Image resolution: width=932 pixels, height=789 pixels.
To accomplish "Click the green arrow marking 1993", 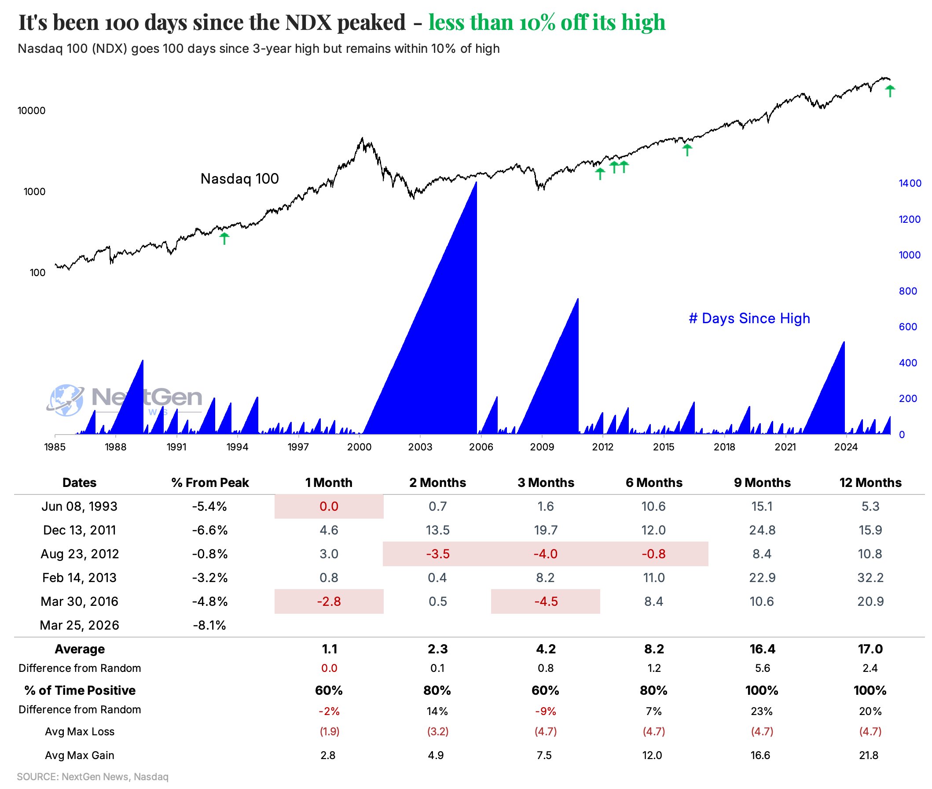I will (x=224, y=238).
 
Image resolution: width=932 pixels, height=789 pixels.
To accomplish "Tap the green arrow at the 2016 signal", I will (x=687, y=150).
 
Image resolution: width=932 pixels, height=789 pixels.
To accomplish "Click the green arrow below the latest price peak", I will (x=890, y=91).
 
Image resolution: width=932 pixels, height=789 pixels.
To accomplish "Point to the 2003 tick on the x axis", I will (x=420, y=447).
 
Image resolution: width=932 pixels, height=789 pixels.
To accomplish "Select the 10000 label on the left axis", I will (x=31, y=111).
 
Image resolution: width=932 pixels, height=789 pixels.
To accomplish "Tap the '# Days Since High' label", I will (x=749, y=318).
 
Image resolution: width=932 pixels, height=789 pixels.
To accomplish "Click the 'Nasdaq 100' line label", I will (x=239, y=179).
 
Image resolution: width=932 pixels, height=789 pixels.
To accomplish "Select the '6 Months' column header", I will (x=653, y=483).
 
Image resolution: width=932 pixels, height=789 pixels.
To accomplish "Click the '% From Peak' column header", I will (x=209, y=483).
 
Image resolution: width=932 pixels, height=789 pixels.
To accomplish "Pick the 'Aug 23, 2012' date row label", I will (x=80, y=554).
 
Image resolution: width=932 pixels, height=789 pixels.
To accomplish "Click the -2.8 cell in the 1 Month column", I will (x=329, y=601).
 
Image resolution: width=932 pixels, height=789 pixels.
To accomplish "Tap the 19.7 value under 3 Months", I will (x=545, y=530).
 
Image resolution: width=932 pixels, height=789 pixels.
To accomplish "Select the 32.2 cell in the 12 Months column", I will (x=870, y=577).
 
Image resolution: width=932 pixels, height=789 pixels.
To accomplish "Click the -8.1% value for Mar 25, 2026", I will (x=209, y=625).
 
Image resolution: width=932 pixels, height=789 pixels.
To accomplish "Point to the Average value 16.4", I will (x=762, y=649).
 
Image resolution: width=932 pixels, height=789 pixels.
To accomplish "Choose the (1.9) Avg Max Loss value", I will (x=329, y=731).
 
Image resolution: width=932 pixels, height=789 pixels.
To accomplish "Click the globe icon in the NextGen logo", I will (x=66, y=399).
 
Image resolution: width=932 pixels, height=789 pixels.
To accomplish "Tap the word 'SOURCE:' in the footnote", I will (x=37, y=777).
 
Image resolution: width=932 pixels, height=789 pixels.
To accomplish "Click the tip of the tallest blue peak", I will (x=476, y=182).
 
